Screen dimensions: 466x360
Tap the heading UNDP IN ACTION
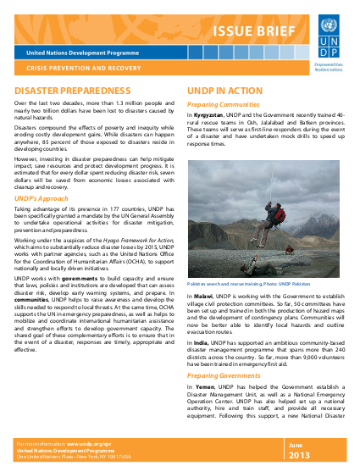click(224, 89)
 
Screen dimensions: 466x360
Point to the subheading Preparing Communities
click(222, 105)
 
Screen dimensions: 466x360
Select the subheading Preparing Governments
click(224, 374)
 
